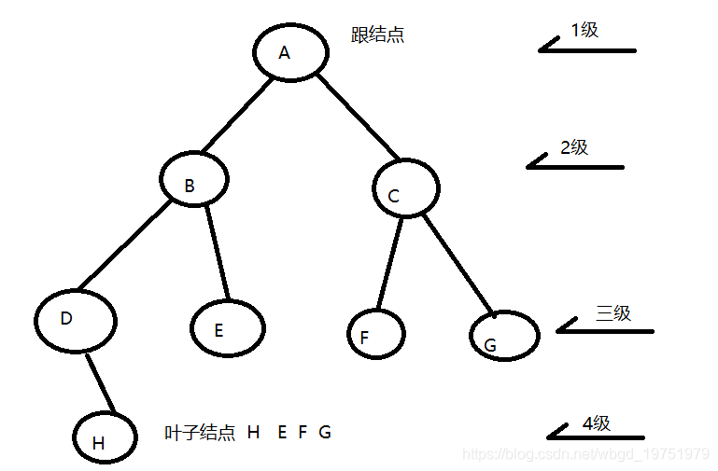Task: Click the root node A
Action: point(289,52)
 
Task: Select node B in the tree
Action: point(193,180)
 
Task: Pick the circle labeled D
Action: point(76,320)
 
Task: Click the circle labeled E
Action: point(227,328)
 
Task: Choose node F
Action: point(375,333)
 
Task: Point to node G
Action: point(504,336)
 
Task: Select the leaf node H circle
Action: point(106,436)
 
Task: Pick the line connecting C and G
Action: point(458,264)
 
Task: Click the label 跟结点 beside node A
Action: point(377,36)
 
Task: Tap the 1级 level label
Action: point(584,30)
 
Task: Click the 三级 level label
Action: point(612,312)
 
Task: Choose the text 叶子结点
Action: point(198,433)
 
